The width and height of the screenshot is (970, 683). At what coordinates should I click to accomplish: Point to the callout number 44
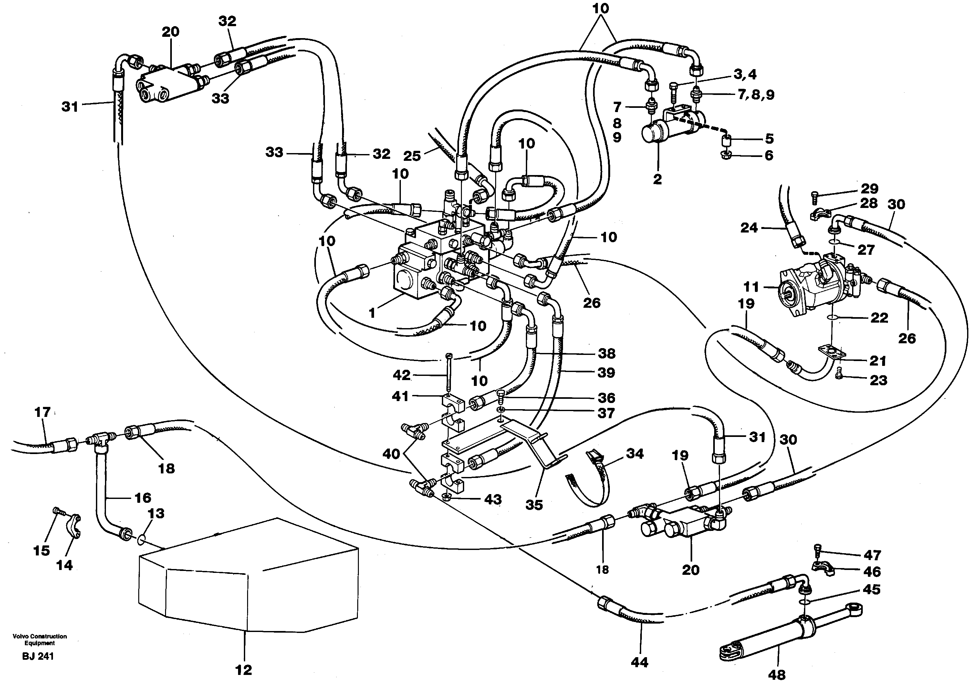(x=639, y=662)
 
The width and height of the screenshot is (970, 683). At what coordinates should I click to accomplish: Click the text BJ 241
(x=38, y=656)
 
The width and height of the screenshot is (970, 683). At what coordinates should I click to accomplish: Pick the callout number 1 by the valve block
(x=372, y=313)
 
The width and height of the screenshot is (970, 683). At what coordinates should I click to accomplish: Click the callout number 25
(x=412, y=156)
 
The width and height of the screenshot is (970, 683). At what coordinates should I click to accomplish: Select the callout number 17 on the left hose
(x=42, y=412)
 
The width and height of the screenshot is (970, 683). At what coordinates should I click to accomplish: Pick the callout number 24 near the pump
(x=749, y=228)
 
